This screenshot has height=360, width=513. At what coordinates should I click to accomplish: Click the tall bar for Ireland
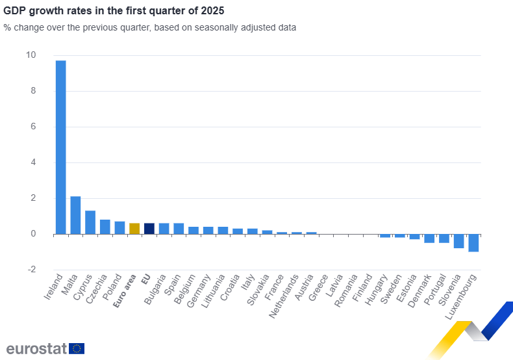click(60, 147)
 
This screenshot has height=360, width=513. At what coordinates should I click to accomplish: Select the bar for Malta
click(75, 215)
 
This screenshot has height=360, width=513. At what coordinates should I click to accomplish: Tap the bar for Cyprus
click(90, 222)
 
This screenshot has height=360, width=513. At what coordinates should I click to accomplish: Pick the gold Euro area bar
click(134, 229)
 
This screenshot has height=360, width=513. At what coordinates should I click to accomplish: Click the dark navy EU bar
click(149, 229)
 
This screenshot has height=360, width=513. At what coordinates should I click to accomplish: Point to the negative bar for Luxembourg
click(473, 242)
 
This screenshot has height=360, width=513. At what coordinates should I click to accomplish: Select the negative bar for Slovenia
click(458, 241)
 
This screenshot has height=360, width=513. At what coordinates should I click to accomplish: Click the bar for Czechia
click(105, 227)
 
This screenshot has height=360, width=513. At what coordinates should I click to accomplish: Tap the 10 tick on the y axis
click(31, 55)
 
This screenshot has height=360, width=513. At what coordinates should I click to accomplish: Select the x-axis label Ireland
click(54, 286)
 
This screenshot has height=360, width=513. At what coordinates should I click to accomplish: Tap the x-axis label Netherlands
click(284, 296)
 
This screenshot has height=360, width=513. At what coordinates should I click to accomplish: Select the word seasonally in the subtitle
click(202, 28)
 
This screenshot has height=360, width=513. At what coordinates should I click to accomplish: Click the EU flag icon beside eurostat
click(77, 349)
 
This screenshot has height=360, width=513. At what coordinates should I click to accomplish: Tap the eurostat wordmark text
click(36, 349)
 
